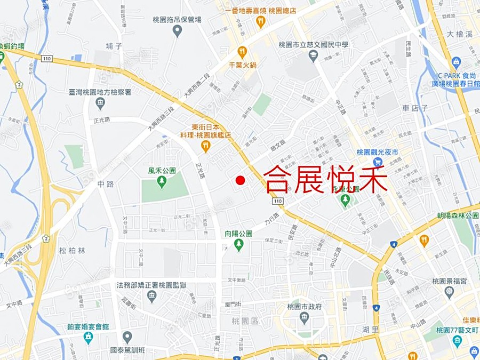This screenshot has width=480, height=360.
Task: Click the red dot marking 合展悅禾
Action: (241, 180)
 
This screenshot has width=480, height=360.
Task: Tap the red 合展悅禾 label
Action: (325, 179)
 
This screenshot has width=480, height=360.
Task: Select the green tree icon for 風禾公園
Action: (162, 182)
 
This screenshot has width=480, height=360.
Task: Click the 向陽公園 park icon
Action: (238, 245)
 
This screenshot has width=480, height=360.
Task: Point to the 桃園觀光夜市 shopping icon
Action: (378, 162)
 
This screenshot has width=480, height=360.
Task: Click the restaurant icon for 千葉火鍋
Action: (242, 52)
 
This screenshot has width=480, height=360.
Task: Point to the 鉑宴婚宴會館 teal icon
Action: (88, 337)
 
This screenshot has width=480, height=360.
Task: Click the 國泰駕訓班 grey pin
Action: (127, 337)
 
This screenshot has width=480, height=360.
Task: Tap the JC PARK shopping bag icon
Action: (456, 62)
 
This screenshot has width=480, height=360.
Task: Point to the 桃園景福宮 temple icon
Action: (449, 291)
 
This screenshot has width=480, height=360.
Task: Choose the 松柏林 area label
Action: (72, 250)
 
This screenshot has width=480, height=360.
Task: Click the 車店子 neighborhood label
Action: (415, 108)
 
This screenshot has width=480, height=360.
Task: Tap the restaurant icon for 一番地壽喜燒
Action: (260, 21)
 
